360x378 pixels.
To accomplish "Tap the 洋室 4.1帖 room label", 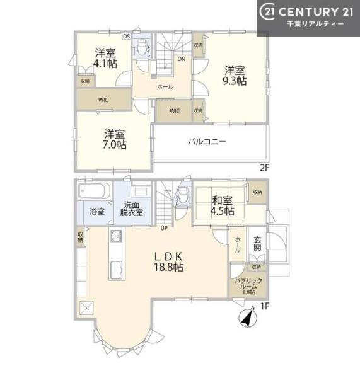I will click(x=105, y=58).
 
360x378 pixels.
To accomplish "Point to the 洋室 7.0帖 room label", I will click(x=115, y=139).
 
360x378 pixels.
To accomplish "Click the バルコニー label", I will click(x=206, y=142).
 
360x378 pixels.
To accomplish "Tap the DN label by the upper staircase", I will click(x=181, y=60).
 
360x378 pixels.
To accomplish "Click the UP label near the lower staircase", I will click(x=164, y=227).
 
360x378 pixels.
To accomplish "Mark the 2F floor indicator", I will click(x=264, y=168).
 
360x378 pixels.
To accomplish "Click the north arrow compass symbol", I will click(x=246, y=319).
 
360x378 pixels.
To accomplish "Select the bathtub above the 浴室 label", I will click(x=94, y=190).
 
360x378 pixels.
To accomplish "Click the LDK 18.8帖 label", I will click(x=169, y=261).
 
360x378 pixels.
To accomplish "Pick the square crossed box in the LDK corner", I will click(x=84, y=307).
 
